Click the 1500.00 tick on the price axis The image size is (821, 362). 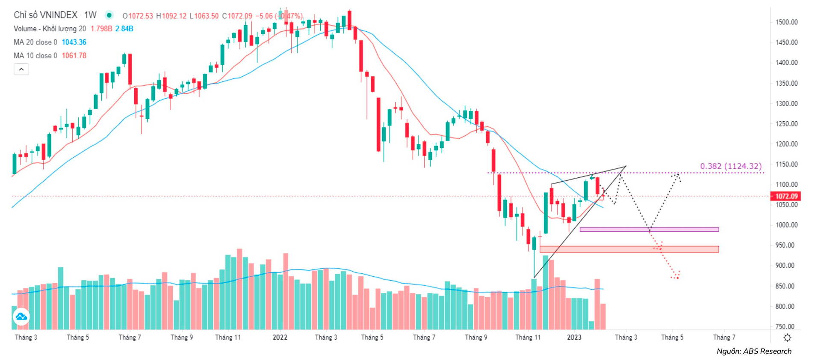coord(786,22)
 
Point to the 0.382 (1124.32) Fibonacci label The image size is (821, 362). coord(730,166)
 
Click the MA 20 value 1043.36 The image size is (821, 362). coord(74,42)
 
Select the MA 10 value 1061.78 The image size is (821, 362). coord(74,56)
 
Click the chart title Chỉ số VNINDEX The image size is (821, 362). coord(45,15)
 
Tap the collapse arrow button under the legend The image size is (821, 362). coord(21,69)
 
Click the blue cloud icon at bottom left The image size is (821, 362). coord(21,317)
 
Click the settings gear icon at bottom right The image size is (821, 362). coord(787,338)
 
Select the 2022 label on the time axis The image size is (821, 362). coord(280,338)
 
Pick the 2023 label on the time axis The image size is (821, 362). coord(574,338)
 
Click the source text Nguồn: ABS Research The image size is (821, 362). coord(754,351)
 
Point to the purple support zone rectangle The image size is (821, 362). coord(649,230)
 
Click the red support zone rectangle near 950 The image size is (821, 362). coord(629,249)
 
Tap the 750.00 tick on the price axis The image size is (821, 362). coord(786,326)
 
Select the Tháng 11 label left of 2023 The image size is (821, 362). coord(528,338)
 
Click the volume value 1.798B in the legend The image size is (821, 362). coord(101,29)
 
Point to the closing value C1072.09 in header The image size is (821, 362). coord(237,16)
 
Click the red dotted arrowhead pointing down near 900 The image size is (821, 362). coord(676,276)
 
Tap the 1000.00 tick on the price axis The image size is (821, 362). coord(786,225)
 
